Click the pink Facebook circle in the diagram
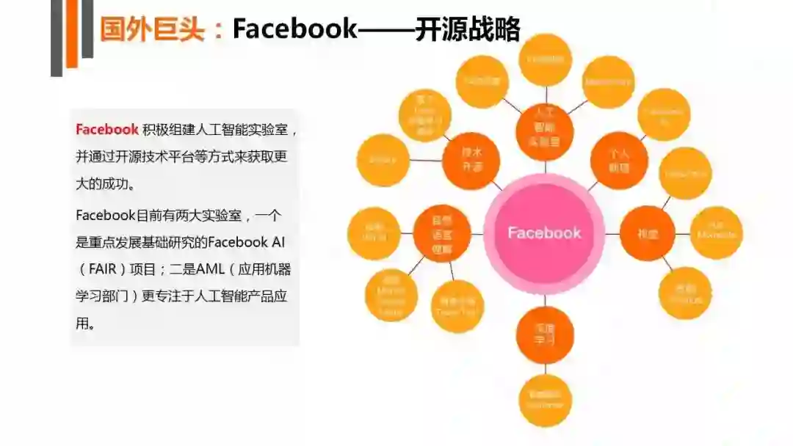point(544,233)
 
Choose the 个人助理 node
point(618,160)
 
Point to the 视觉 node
point(648,234)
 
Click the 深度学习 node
point(544,336)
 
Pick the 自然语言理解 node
point(441,234)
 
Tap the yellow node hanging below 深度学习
point(545,401)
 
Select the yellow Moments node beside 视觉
point(716,233)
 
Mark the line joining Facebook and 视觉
point(612,234)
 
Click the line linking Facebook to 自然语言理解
point(477,234)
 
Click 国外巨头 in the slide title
point(151,29)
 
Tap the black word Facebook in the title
point(294,29)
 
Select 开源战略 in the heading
point(467,29)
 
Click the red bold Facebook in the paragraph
point(107,130)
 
